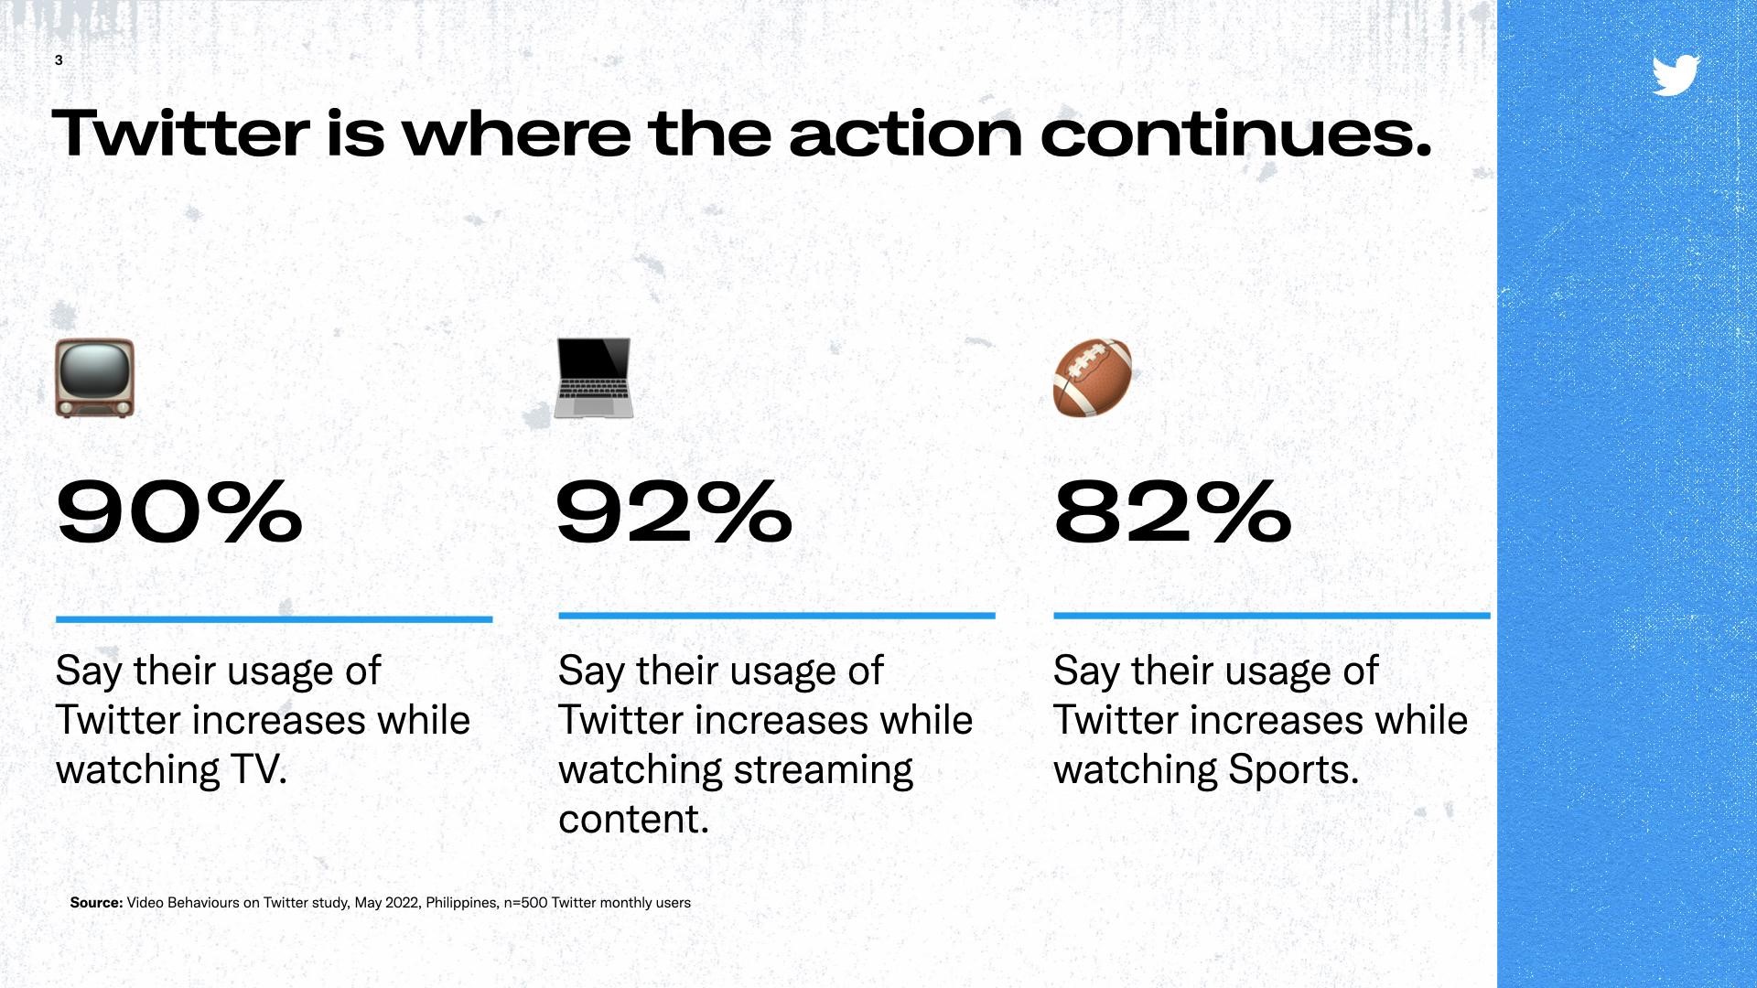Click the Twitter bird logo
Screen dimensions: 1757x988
pos(1676,75)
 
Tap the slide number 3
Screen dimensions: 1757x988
pos(59,60)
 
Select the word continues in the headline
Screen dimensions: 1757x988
pos(1235,134)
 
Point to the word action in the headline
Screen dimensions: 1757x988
pos(905,134)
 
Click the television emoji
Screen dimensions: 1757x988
pos(94,378)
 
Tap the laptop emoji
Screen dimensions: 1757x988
pos(593,378)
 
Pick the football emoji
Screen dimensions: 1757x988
pos(1093,378)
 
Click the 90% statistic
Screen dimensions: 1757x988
pos(179,512)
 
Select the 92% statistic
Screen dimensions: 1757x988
pos(674,512)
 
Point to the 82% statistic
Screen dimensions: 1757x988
pos(1172,512)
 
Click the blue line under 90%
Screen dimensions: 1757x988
pos(274,619)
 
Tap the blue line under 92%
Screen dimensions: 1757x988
pos(776,616)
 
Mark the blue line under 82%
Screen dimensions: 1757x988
pos(1272,616)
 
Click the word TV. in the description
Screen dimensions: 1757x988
pos(259,769)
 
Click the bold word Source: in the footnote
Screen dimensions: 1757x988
pos(96,903)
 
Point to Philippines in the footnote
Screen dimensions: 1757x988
pos(462,903)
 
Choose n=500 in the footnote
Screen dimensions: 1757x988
pos(525,903)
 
